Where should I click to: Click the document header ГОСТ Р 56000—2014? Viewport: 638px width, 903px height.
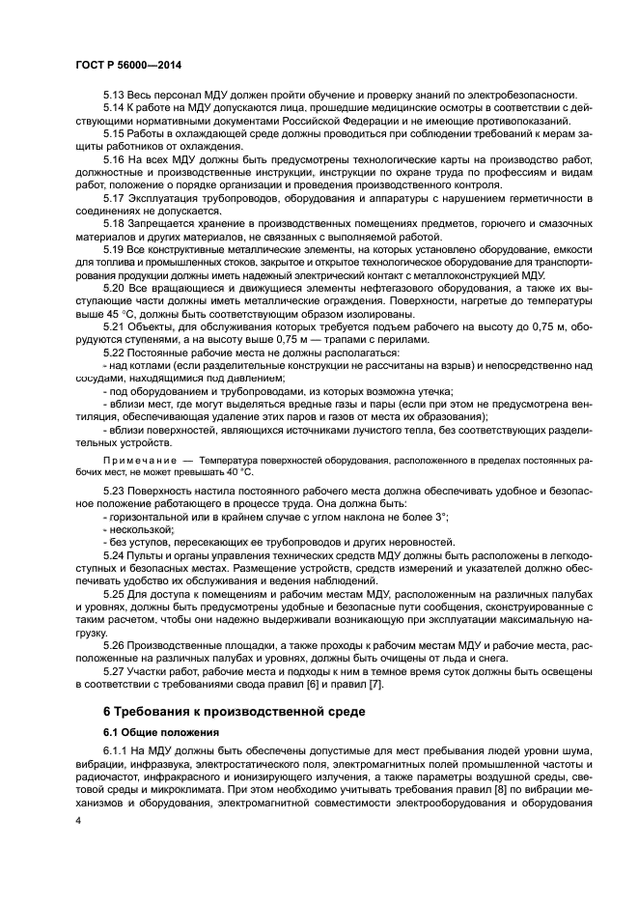pos(127,64)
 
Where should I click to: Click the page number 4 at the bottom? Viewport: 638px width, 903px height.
pos(78,818)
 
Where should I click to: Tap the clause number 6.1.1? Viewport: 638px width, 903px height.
pos(117,750)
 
